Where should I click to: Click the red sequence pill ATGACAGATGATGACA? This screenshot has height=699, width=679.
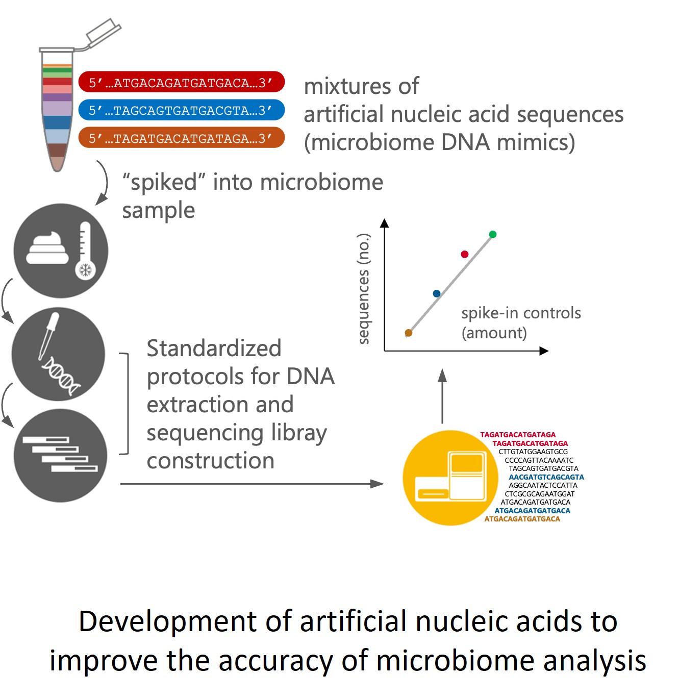(181, 82)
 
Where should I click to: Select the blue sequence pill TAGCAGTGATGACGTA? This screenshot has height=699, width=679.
(181, 110)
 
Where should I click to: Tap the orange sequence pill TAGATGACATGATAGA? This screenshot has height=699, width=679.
(181, 138)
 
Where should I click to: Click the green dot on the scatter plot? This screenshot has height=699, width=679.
(492, 234)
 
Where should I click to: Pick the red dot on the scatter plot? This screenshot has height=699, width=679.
(464, 254)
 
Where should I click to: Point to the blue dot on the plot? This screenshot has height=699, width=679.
(436, 293)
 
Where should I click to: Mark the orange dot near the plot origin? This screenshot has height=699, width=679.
(408, 333)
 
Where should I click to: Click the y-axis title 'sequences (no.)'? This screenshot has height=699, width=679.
(363, 288)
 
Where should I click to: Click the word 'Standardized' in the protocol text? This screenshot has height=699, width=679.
(214, 348)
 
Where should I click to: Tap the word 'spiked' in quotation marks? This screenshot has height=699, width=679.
(164, 182)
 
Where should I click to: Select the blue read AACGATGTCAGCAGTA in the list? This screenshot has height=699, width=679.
(546, 477)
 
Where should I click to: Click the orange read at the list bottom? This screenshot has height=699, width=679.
(522, 519)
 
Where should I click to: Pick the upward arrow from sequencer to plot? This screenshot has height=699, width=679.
(442, 396)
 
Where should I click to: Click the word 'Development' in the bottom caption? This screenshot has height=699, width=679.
(184, 621)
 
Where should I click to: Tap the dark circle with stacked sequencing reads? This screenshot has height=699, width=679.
(60, 455)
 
